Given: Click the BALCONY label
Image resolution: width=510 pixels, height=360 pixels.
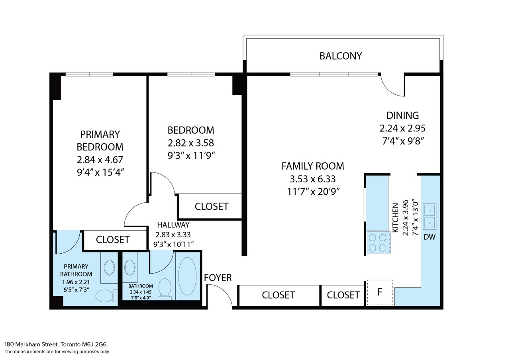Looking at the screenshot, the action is (341, 56).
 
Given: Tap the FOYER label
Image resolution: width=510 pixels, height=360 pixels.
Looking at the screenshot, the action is (218, 278).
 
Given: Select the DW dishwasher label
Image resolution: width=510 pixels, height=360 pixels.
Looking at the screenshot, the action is (430, 237).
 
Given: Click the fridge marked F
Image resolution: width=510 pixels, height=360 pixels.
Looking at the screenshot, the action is (380, 292).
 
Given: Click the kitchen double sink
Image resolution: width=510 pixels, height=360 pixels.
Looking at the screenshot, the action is (430, 216).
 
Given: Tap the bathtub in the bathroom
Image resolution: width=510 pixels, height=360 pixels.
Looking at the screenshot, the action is (187, 276).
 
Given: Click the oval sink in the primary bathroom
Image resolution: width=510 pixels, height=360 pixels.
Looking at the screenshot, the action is (110, 267).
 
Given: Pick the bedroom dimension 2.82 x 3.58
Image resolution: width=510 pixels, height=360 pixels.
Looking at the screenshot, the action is (191, 143).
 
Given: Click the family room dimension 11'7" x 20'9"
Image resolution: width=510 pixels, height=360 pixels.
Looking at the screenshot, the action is (313, 192).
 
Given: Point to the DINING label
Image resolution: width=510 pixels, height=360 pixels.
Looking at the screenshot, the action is (402, 115).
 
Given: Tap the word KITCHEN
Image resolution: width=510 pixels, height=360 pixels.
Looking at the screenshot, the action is (396, 218).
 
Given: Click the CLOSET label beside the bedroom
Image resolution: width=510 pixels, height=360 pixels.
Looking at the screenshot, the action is (212, 206).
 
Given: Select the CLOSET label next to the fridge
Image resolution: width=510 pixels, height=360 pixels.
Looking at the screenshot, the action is (343, 295).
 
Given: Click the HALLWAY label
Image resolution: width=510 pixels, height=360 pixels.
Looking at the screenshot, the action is (173, 225).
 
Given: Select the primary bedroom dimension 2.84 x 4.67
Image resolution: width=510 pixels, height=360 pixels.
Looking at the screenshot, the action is (100, 160).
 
